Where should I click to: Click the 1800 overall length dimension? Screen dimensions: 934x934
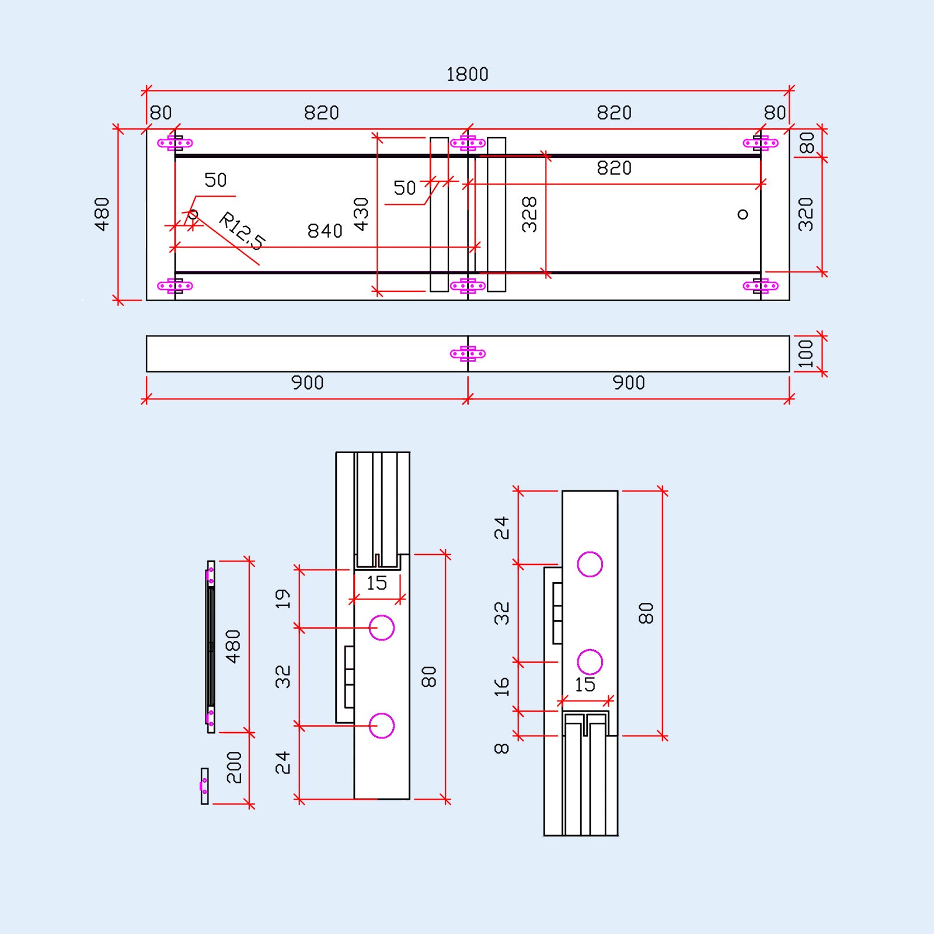coord(467,75)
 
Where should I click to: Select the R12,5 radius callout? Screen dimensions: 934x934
coord(242,231)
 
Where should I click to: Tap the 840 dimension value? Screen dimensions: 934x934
coord(325,231)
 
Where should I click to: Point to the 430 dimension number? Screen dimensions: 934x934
coord(361,214)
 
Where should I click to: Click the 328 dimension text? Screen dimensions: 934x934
coord(529,214)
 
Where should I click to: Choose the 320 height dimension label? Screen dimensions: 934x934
coord(806,214)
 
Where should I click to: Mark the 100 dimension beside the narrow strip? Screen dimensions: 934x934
coord(806,354)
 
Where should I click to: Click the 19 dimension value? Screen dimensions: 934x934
coord(283,599)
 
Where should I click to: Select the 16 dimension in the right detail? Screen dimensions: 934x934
coord(501,687)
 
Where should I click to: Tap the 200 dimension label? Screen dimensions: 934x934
coord(233,768)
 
